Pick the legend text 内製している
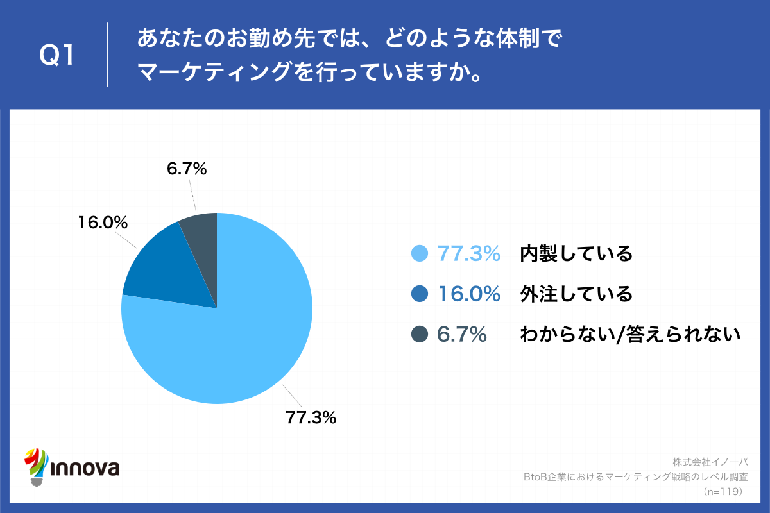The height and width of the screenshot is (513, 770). [576, 254]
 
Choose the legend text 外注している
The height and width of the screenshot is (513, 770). [576, 294]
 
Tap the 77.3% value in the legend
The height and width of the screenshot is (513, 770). [468, 254]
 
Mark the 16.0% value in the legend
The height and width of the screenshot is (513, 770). [468, 294]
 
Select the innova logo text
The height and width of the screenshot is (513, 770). [84, 467]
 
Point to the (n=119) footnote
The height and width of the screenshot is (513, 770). [723, 491]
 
